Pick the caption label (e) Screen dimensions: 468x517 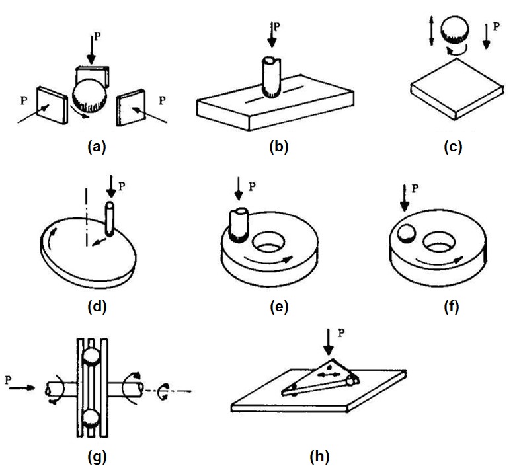[x=278, y=306]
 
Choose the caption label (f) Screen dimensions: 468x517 [x=453, y=306]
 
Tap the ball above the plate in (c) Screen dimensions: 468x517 [x=454, y=32]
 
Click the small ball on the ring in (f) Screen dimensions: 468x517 [x=405, y=233]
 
